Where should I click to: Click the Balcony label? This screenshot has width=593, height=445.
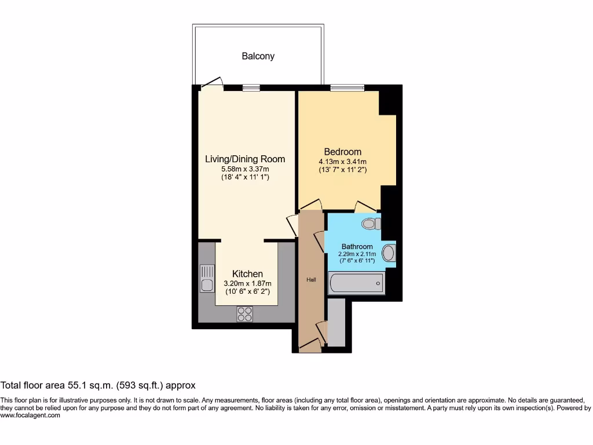point(258,56)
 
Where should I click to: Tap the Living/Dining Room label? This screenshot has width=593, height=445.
point(245,159)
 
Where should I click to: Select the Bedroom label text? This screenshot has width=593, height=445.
point(342,152)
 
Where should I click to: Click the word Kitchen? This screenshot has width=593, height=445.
point(247,273)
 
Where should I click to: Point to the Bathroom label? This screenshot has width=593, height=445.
point(357,246)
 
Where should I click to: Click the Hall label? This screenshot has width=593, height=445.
point(311,280)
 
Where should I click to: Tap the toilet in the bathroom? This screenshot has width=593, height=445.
point(369,223)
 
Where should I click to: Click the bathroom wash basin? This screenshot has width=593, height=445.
point(389,253)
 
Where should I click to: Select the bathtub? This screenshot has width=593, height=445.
point(356,283)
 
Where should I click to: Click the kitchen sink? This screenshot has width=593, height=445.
point(207,278)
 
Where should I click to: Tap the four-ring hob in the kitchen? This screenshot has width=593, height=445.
point(244,313)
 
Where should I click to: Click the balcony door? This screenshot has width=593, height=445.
point(212,83)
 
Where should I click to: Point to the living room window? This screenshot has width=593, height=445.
point(251,88)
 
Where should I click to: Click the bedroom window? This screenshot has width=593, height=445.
point(347,88)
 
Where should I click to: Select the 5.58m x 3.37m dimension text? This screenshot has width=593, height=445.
point(245,169)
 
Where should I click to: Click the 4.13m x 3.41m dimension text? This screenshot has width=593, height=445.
point(342,162)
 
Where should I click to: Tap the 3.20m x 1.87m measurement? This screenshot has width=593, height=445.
point(247,283)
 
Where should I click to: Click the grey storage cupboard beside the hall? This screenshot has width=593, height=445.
point(336,323)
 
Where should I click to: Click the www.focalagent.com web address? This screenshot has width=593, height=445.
point(30,415)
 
